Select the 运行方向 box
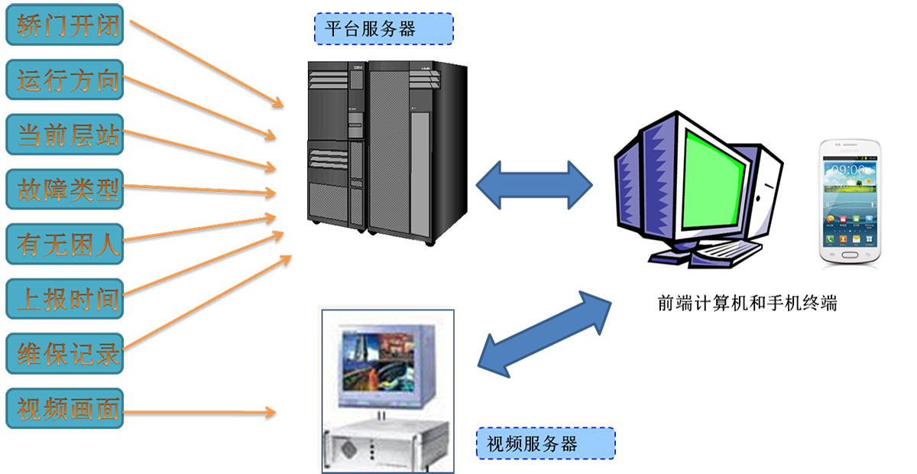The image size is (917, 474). click(x=64, y=80)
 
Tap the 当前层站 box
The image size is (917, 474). click(x=64, y=135)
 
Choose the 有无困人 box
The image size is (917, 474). click(x=64, y=244)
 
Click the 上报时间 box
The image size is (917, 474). click(x=64, y=299)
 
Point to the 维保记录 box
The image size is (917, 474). click(x=64, y=353)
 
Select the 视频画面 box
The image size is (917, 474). click(x=64, y=409)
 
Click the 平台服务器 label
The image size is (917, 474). click(x=384, y=28)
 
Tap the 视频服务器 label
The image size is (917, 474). click(x=546, y=443)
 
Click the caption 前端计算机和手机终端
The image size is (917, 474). click(x=747, y=304)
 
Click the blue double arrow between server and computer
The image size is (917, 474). click(x=534, y=185)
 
